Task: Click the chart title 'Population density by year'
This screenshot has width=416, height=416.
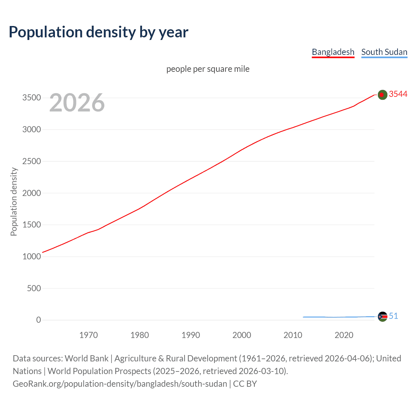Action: (98, 32)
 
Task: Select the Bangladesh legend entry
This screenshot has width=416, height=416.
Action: (333, 52)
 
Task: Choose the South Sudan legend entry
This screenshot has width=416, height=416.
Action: (384, 52)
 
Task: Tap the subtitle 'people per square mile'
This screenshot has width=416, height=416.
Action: (208, 69)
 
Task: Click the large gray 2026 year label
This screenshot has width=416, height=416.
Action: (77, 103)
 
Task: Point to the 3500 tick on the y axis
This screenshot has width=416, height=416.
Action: (32, 98)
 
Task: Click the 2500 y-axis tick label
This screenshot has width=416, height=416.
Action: (32, 161)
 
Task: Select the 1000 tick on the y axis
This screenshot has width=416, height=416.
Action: (32, 256)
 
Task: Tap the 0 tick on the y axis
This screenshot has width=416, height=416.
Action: (38, 320)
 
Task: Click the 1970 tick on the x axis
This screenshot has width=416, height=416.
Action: (88, 335)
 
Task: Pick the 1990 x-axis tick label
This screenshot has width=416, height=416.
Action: (191, 335)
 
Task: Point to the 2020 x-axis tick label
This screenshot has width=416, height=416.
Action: (344, 335)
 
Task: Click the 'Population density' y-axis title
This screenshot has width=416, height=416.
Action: (14, 201)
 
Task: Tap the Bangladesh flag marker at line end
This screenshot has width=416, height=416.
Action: (382, 95)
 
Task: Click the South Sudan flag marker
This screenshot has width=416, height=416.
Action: (382, 317)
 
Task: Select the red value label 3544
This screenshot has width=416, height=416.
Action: (398, 94)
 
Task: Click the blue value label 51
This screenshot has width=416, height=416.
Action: (393, 316)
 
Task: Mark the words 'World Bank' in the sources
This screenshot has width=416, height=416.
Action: (86, 358)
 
